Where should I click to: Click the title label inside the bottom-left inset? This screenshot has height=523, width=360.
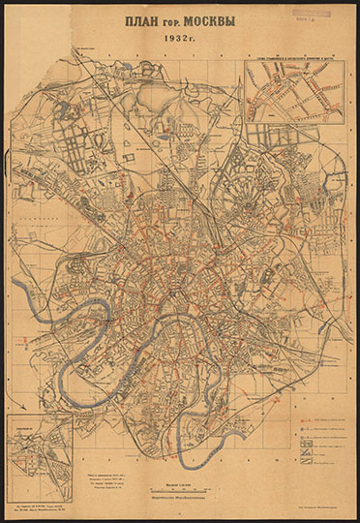click(29, 421)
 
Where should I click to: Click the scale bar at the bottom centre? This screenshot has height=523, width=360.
click(180, 489)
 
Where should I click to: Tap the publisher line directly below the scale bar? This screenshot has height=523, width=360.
click(180, 500)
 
